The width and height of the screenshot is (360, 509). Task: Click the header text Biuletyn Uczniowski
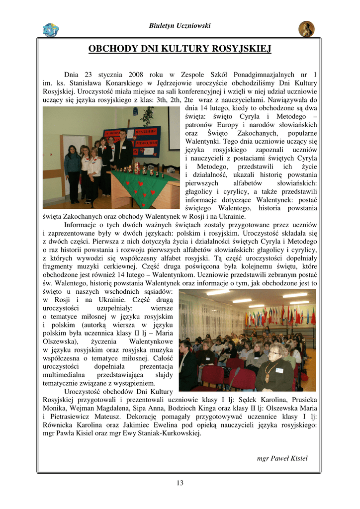tap(180, 25)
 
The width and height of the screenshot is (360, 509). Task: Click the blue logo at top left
tap(51, 30)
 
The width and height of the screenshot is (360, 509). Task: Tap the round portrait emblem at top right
tap(306, 29)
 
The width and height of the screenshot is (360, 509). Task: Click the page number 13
tap(180, 483)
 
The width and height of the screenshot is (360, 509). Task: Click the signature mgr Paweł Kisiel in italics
tap(282, 458)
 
